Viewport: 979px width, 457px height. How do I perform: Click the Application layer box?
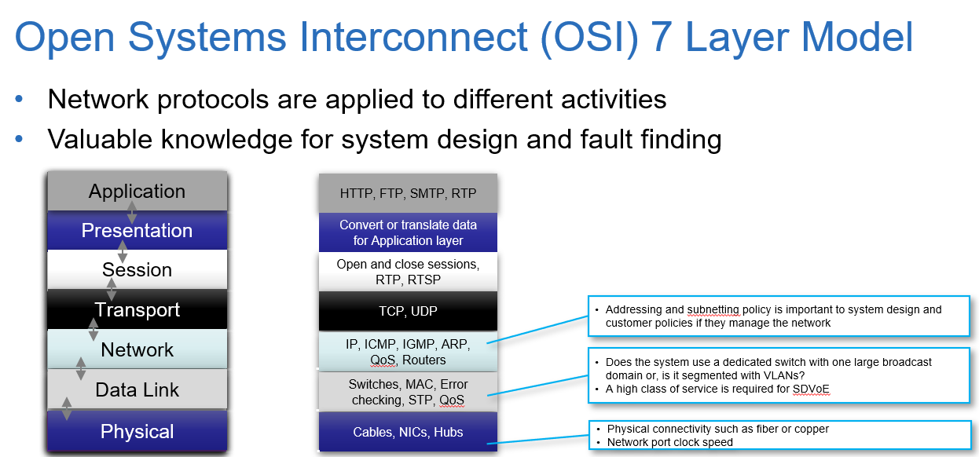(x=137, y=192)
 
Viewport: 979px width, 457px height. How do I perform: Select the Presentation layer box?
(x=137, y=231)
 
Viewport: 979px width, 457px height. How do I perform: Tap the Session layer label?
(x=137, y=270)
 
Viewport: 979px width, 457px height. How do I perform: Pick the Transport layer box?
(x=137, y=310)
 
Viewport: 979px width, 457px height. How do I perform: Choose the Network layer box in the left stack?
(x=137, y=349)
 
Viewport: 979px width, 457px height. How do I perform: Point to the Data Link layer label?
(x=137, y=389)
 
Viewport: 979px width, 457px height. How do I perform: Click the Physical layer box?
(x=137, y=431)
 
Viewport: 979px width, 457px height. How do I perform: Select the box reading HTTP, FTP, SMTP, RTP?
(x=408, y=193)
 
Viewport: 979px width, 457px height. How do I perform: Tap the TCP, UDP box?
(x=408, y=311)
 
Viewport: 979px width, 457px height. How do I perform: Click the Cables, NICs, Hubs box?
(x=408, y=432)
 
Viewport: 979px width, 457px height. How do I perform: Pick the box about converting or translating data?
(x=408, y=232)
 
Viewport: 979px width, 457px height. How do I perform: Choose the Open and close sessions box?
(x=408, y=272)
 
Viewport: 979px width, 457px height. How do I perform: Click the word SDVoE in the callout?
(x=812, y=389)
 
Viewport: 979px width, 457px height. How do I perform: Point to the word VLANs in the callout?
(x=780, y=375)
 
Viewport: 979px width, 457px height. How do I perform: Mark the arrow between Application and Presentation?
(x=132, y=211)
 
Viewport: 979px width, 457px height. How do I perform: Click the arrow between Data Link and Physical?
(x=67, y=409)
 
